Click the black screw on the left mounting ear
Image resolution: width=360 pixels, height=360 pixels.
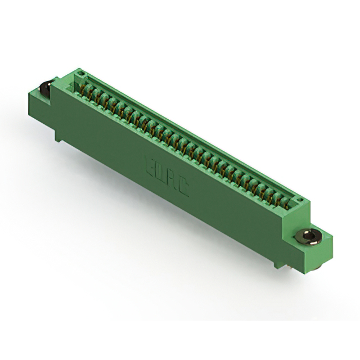pos(44,88)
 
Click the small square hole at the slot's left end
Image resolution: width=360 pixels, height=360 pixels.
pos(80,74)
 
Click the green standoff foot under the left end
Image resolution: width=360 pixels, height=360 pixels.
pos(59,134)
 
